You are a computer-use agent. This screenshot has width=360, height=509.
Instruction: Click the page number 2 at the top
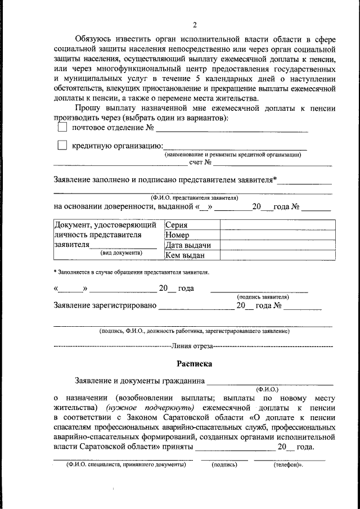point(195,25)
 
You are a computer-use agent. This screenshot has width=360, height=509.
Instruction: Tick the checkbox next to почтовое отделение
point(62,128)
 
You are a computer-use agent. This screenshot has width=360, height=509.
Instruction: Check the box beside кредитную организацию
point(62,146)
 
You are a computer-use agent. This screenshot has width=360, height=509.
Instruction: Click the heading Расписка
point(194,364)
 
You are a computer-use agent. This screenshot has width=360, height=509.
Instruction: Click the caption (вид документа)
point(121,253)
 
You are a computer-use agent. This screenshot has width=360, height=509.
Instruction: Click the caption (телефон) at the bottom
point(289,465)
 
